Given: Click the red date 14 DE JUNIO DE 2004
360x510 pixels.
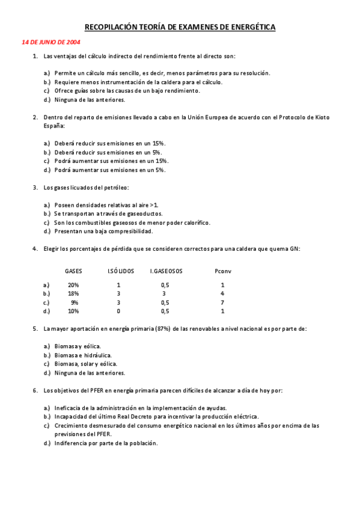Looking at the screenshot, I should click(50, 43).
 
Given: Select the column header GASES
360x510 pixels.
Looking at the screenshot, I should click(74, 271).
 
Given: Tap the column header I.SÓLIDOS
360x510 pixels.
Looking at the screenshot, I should click(121, 271).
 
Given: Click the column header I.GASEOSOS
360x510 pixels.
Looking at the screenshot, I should click(166, 271).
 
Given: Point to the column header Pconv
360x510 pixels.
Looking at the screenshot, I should click(222, 271).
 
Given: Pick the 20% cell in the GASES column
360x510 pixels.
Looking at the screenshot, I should click(73, 284).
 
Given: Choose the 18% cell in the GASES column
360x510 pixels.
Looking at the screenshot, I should click(73, 293).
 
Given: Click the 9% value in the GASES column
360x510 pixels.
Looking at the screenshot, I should click(75, 303).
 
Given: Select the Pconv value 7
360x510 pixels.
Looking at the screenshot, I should click(222, 303).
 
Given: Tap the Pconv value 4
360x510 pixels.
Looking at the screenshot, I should click(222, 293).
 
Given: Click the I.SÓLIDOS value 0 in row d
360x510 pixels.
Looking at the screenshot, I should click(118, 312).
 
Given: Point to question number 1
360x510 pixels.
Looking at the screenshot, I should click(35, 57).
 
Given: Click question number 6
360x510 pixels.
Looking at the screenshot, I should click(35, 390).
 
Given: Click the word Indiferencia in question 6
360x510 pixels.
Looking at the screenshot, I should click(72, 443).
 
